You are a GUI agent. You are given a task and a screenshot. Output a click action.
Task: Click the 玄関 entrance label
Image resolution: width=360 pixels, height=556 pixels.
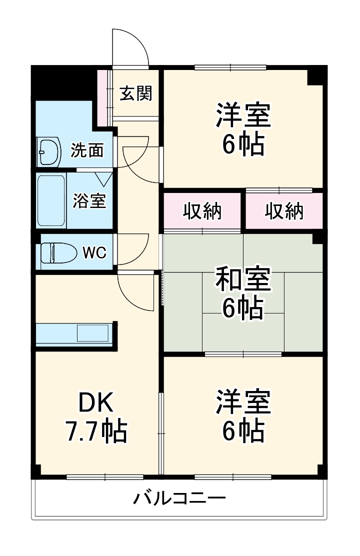135,93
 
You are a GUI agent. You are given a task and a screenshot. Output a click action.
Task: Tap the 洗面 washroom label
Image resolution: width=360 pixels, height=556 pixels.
87,150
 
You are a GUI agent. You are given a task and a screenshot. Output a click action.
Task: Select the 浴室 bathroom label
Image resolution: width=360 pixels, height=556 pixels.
89,200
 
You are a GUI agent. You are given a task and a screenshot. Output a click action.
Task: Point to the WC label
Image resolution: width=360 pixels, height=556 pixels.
94,253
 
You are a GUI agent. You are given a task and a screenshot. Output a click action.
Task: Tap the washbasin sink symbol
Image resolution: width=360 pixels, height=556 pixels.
49,150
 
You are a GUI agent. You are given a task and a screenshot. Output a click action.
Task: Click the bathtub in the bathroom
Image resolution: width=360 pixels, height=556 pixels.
51,200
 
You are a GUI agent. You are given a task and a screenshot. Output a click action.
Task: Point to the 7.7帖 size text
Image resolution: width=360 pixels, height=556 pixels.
96,430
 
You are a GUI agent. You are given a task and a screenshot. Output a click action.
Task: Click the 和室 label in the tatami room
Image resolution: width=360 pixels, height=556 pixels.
243,279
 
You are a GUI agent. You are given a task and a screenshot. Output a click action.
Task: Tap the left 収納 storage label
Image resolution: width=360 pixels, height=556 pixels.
202,212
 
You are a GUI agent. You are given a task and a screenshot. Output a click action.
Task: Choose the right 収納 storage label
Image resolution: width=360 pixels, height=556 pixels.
283,212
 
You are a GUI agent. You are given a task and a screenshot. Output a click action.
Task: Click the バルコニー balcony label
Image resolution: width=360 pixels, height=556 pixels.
179,498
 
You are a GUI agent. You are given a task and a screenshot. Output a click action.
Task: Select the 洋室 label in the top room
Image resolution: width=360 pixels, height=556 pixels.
243,115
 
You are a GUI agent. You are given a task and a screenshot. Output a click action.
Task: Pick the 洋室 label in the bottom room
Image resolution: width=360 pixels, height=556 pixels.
243,403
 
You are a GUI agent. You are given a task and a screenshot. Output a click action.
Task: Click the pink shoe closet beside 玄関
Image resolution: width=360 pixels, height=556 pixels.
103,97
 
